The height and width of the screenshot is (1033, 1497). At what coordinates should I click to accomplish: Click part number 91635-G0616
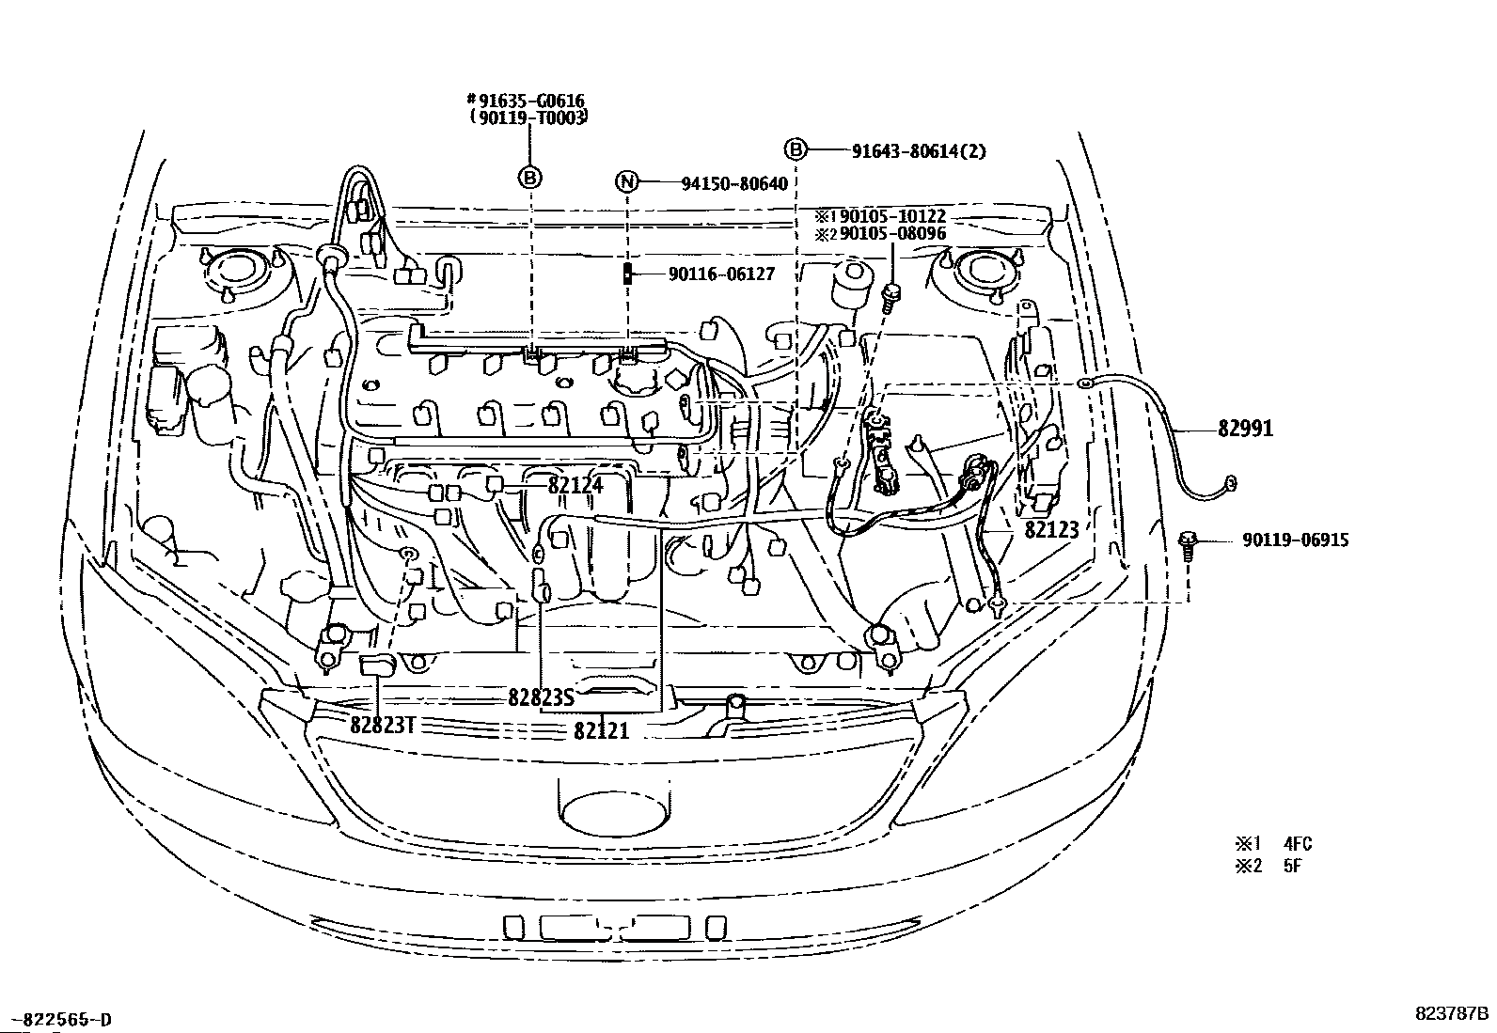[530, 101]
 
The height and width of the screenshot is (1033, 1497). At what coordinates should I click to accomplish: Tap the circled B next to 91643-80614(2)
[796, 149]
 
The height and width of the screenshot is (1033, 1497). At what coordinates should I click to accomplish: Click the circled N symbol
[627, 181]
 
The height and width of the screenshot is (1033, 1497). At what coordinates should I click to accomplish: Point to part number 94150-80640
[734, 183]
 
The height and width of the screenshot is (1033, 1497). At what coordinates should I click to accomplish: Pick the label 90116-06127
[721, 274]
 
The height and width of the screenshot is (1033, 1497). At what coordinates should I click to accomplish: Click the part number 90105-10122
[893, 216]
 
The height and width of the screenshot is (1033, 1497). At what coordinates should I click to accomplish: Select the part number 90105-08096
[893, 234]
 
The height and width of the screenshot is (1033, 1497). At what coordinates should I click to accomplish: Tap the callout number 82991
[1245, 429]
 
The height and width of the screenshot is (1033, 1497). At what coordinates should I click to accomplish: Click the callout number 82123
[1052, 530]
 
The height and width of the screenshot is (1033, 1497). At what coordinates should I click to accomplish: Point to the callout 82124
[575, 485]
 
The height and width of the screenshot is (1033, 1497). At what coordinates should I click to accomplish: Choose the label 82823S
[542, 697]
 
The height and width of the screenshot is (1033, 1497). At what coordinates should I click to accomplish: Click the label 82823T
[383, 725]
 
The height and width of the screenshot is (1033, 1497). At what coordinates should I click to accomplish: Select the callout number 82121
[602, 731]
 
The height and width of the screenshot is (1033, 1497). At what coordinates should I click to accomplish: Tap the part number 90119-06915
[1296, 540]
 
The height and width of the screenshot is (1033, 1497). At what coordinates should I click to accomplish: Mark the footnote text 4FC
[1298, 843]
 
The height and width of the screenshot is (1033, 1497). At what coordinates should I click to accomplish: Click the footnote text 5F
[1293, 866]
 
